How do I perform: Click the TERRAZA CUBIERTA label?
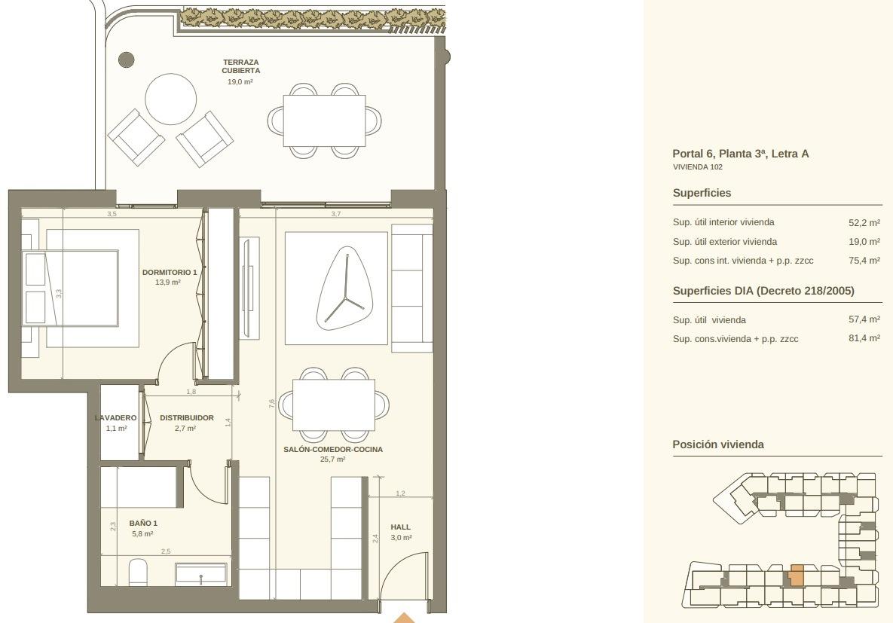(241, 66)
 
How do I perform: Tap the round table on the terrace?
(171, 99)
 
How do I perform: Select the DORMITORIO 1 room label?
(169, 272)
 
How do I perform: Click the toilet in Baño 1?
(138, 573)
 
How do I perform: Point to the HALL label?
(400, 527)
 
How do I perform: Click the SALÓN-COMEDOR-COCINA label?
(333, 449)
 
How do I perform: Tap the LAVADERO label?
(115, 418)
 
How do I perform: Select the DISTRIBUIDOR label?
(187, 418)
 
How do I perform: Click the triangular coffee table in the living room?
(344, 289)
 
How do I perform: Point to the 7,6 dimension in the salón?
(271, 403)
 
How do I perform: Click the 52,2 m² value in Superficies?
(864, 223)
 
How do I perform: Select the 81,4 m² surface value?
(864, 338)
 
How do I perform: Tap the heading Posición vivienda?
(718, 444)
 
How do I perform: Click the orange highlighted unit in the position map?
(797, 576)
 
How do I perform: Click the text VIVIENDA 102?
(698, 167)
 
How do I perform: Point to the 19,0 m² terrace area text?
(240, 82)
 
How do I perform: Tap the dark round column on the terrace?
(126, 60)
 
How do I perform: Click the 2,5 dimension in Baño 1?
(166, 551)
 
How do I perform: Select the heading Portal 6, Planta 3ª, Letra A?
(740, 154)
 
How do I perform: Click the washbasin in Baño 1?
(201, 574)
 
